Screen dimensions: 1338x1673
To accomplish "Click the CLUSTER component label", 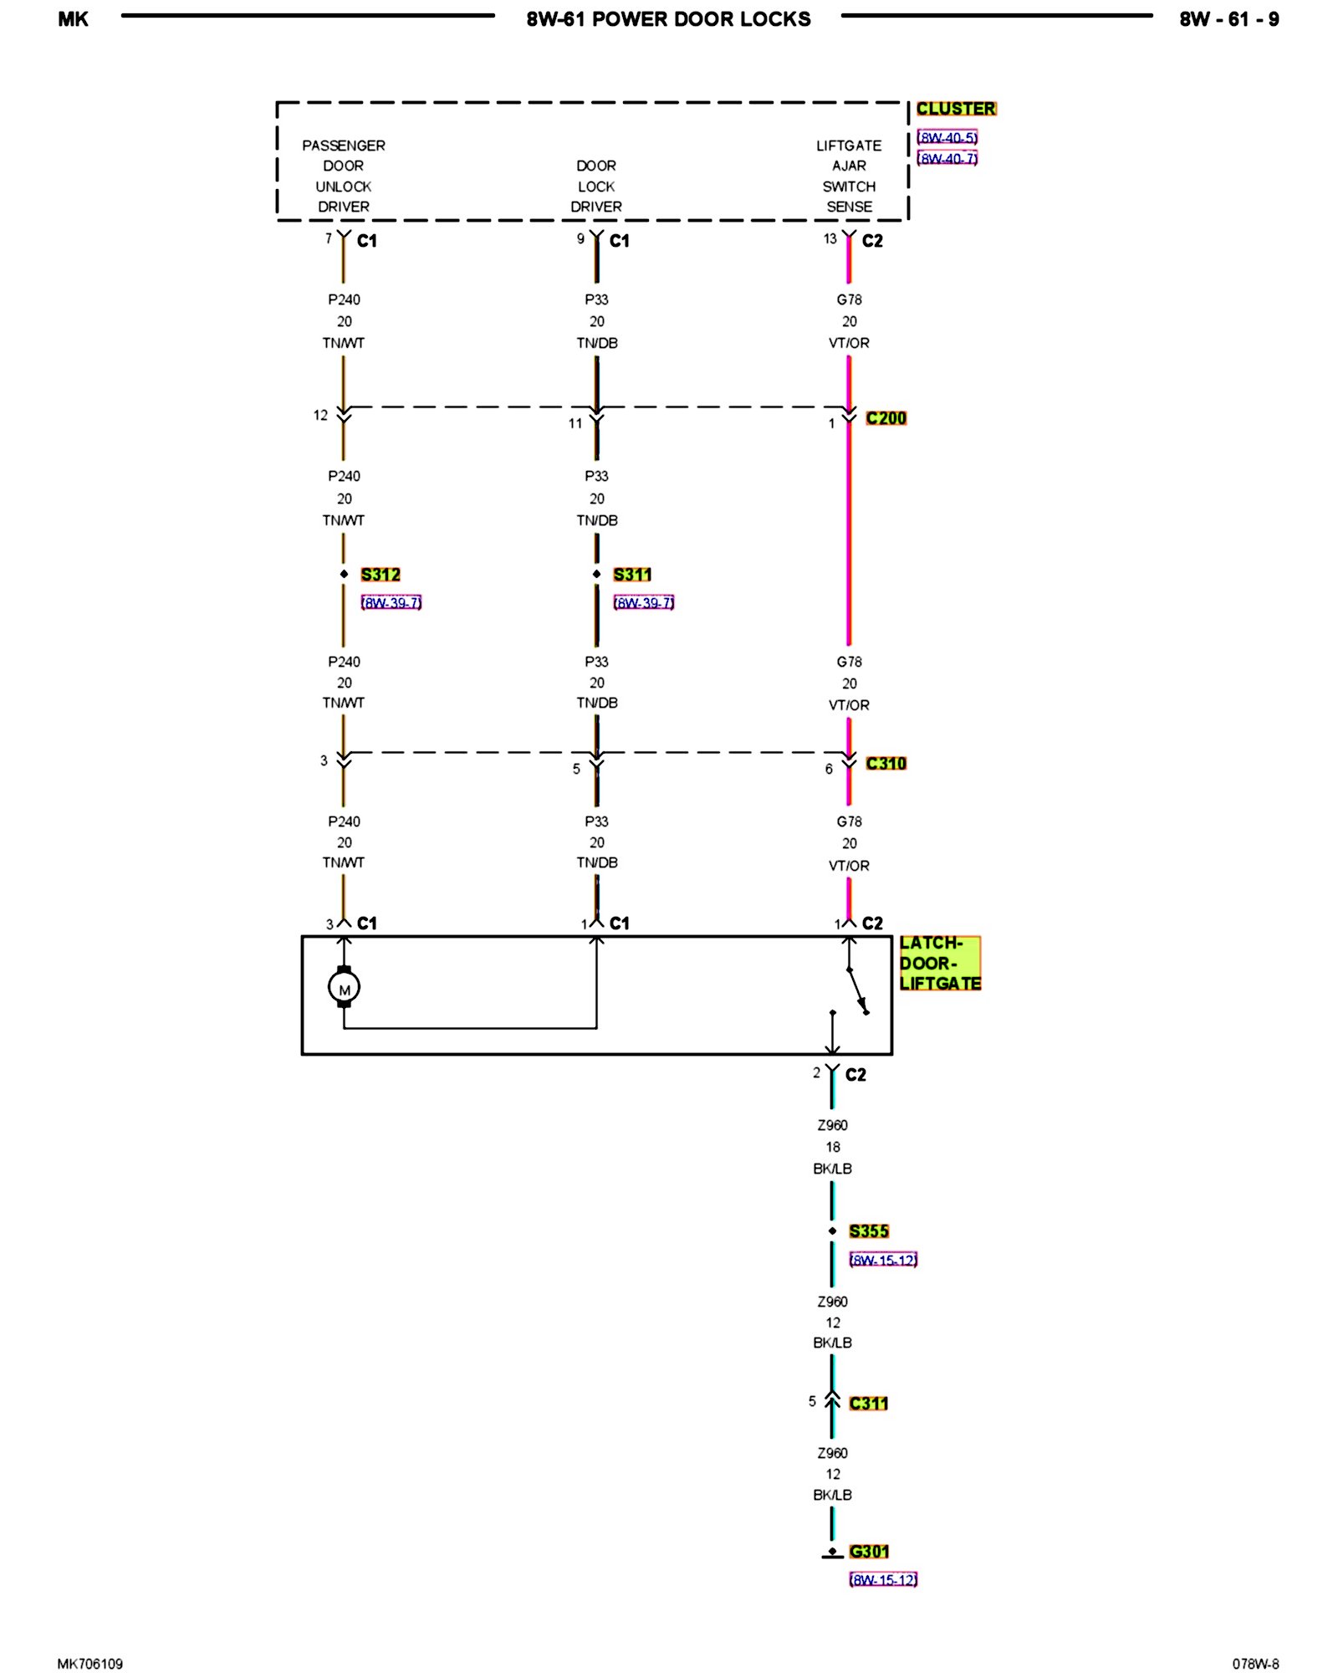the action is (x=956, y=109).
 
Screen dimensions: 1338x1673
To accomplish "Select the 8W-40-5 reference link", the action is (x=947, y=137).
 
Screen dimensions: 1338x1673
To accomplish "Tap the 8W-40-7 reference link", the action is (x=947, y=158).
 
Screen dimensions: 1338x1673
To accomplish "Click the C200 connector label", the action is (x=886, y=418).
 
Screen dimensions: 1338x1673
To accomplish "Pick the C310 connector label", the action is (x=886, y=764).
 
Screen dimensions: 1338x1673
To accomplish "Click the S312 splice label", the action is (x=380, y=575).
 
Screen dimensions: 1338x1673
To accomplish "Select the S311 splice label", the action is (x=632, y=575).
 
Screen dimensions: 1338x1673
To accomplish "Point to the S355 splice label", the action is (x=869, y=1231).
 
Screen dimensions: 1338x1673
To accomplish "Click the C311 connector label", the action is (x=868, y=1404).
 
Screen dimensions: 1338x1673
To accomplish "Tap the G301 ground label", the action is (x=869, y=1552).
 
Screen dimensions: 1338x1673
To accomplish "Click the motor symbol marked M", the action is (x=344, y=988).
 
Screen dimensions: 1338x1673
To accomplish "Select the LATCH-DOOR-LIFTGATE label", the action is (x=940, y=964).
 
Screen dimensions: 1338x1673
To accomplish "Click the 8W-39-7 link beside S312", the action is (x=391, y=602).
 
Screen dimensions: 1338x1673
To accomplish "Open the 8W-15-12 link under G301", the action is (x=883, y=1579).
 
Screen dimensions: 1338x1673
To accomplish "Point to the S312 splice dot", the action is (x=344, y=574).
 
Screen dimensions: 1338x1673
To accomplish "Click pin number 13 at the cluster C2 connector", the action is (x=830, y=239).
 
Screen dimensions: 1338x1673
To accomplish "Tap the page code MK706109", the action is (x=90, y=1664).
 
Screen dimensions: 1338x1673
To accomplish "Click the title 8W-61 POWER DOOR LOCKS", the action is (x=668, y=19).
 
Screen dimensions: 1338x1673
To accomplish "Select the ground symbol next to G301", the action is (x=832, y=1553).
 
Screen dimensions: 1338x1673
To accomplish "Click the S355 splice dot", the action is (x=832, y=1231).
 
